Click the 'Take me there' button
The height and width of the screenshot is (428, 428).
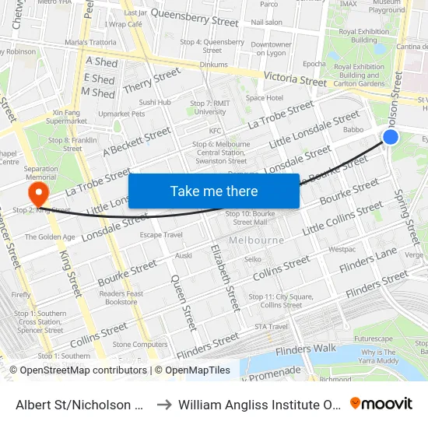tap(214, 191)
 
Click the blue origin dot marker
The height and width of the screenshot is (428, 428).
tap(391, 138)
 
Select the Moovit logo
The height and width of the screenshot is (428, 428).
tap(381, 404)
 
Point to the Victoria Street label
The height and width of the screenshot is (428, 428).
tap(295, 79)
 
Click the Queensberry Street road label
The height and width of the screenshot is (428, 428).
tap(194, 13)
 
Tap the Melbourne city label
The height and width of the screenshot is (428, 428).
tap(257, 240)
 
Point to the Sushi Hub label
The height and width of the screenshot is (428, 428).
tap(154, 102)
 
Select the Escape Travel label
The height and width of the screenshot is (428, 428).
tap(161, 234)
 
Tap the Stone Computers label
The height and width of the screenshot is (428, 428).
tap(140, 344)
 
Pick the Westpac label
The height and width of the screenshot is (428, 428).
tap(342, 250)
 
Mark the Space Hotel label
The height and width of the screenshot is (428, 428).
tap(265, 98)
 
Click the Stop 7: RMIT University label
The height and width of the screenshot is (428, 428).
tap(210, 107)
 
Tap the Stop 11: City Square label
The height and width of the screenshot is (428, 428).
tap(280, 300)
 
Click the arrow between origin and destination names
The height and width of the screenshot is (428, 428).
tap(163, 404)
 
